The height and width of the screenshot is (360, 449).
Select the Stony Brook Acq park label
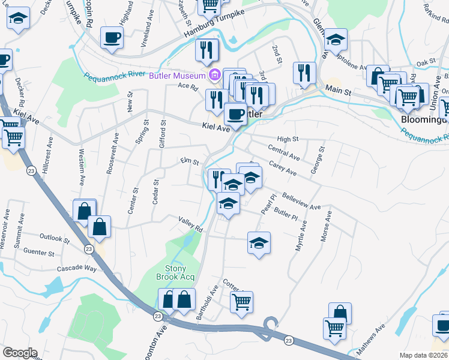click(x=180, y=272)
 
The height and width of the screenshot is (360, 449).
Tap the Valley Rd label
click(x=190, y=224)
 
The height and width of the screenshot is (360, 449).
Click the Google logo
click(x=19, y=353)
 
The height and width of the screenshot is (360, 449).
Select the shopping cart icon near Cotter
click(x=241, y=302)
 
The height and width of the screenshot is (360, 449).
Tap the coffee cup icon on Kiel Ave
click(x=235, y=113)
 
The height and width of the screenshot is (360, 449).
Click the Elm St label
click(x=190, y=161)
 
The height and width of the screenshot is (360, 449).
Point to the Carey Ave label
click(x=283, y=167)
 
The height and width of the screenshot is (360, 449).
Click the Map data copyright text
click(x=424, y=355)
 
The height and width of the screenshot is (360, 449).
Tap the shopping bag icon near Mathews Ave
click(x=340, y=313)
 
